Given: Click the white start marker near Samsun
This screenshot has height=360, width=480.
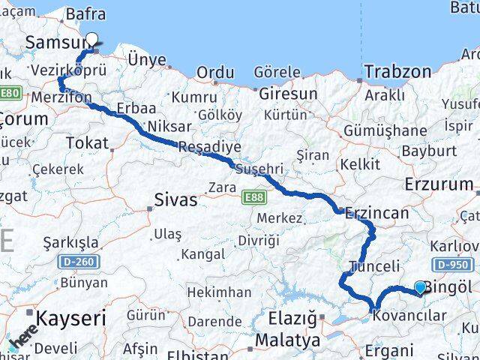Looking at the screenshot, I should (x=92, y=40).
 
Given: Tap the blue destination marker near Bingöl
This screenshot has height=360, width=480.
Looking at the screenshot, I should (x=420, y=286).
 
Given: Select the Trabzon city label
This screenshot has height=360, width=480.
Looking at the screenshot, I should (x=398, y=72).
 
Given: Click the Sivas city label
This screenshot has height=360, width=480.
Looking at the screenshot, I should (x=175, y=199).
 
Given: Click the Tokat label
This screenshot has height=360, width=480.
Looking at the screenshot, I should (x=87, y=142).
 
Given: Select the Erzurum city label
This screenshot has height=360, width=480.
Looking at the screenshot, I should (x=439, y=184).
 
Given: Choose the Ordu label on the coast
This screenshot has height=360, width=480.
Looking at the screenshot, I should (x=215, y=73).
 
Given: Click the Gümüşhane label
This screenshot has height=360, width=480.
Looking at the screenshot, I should (x=385, y=130).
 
